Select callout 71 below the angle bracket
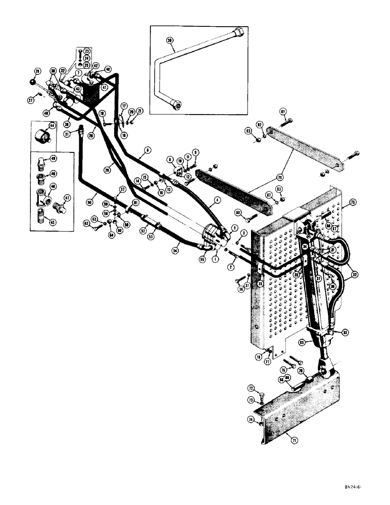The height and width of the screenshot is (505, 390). point(295,440)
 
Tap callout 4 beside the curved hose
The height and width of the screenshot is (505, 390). point(218,200)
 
